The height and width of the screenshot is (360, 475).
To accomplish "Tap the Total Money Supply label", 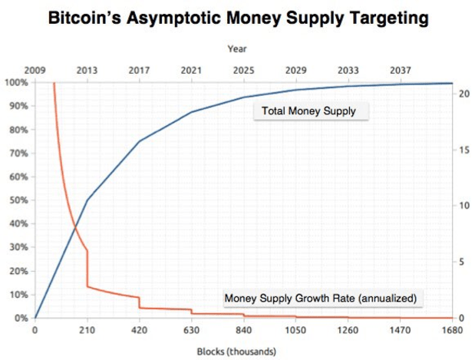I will [308, 111].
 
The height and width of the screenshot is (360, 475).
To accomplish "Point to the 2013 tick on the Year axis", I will [87, 71].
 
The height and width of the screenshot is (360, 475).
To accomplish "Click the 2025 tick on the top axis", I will [243, 71].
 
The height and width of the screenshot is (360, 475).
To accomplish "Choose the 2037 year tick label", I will [400, 71].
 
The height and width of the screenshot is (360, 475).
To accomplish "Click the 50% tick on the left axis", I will [17, 200].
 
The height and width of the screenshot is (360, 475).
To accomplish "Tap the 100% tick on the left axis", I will [15, 83].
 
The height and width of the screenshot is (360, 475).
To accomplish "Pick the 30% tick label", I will [17, 248].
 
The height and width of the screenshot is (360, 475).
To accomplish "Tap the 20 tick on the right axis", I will [462, 94].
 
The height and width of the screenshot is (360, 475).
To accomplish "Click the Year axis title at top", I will [236, 49].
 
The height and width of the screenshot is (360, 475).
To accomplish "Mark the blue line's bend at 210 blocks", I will [87, 200].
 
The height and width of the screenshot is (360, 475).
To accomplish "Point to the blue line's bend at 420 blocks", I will [139, 141].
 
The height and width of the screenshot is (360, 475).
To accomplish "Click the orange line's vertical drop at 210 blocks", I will [87, 269].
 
